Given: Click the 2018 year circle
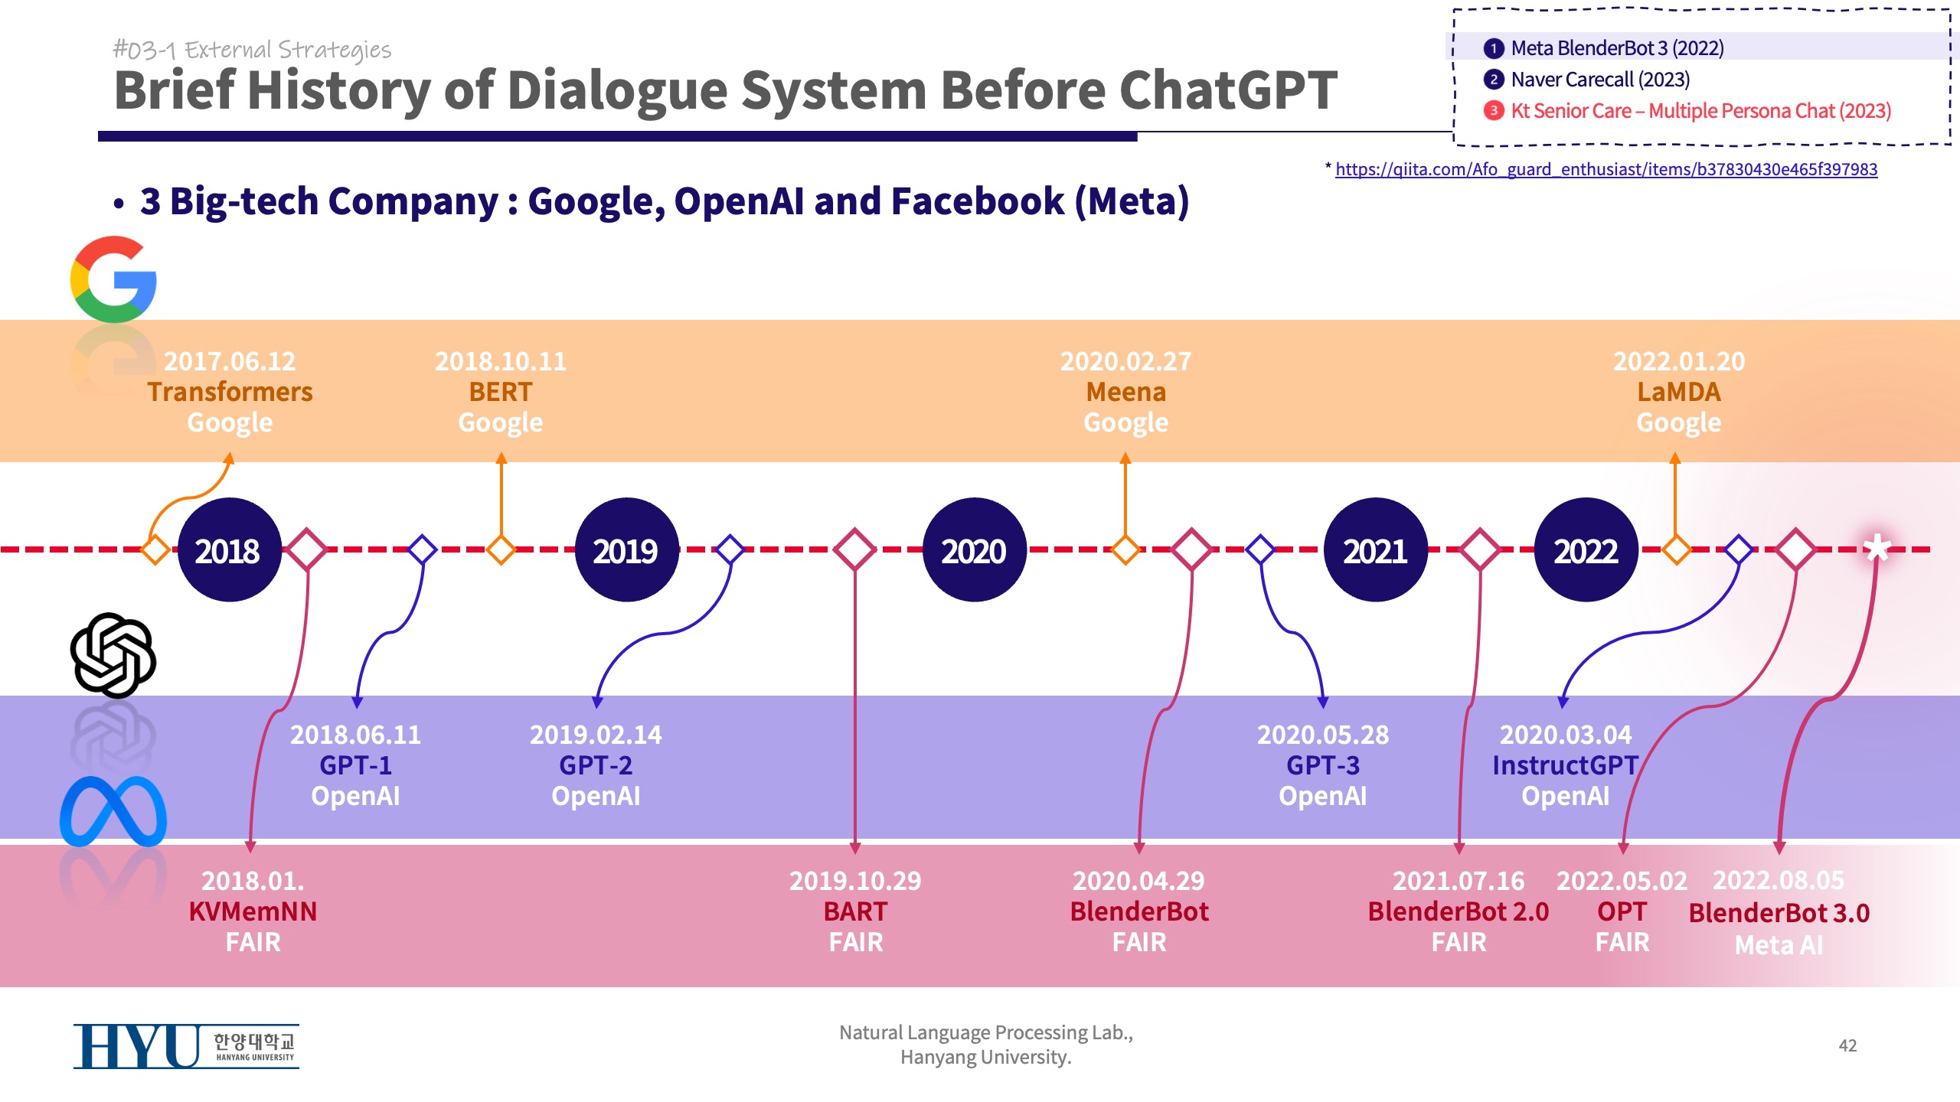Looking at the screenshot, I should tap(229, 550).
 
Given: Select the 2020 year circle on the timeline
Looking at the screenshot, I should tap(974, 550).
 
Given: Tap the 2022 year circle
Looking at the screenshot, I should tap(1586, 550).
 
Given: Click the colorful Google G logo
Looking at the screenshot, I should tap(113, 279).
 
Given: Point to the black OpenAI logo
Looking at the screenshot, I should tap(113, 655).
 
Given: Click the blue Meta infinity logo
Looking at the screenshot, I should tap(113, 811).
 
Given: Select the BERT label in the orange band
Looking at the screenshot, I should tap(501, 392).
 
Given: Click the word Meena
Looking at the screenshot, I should tap(1125, 392).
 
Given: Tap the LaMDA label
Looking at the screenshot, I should tap(1678, 392).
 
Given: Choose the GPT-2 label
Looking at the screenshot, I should tap(596, 765).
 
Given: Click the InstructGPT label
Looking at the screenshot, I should tap(1565, 765).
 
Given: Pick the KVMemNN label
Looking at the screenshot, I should tap(253, 911).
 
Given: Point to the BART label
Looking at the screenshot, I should tap(855, 911).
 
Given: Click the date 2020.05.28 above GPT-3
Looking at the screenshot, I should tap(1322, 735).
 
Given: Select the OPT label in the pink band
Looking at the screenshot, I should tap(1622, 911).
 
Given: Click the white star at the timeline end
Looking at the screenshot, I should tap(1877, 548).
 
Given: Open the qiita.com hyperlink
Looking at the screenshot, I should tap(1606, 169).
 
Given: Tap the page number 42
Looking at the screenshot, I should tap(1847, 1045).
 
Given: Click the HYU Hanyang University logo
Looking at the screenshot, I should tap(186, 1046).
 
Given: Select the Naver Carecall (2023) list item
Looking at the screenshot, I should tap(1600, 80).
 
